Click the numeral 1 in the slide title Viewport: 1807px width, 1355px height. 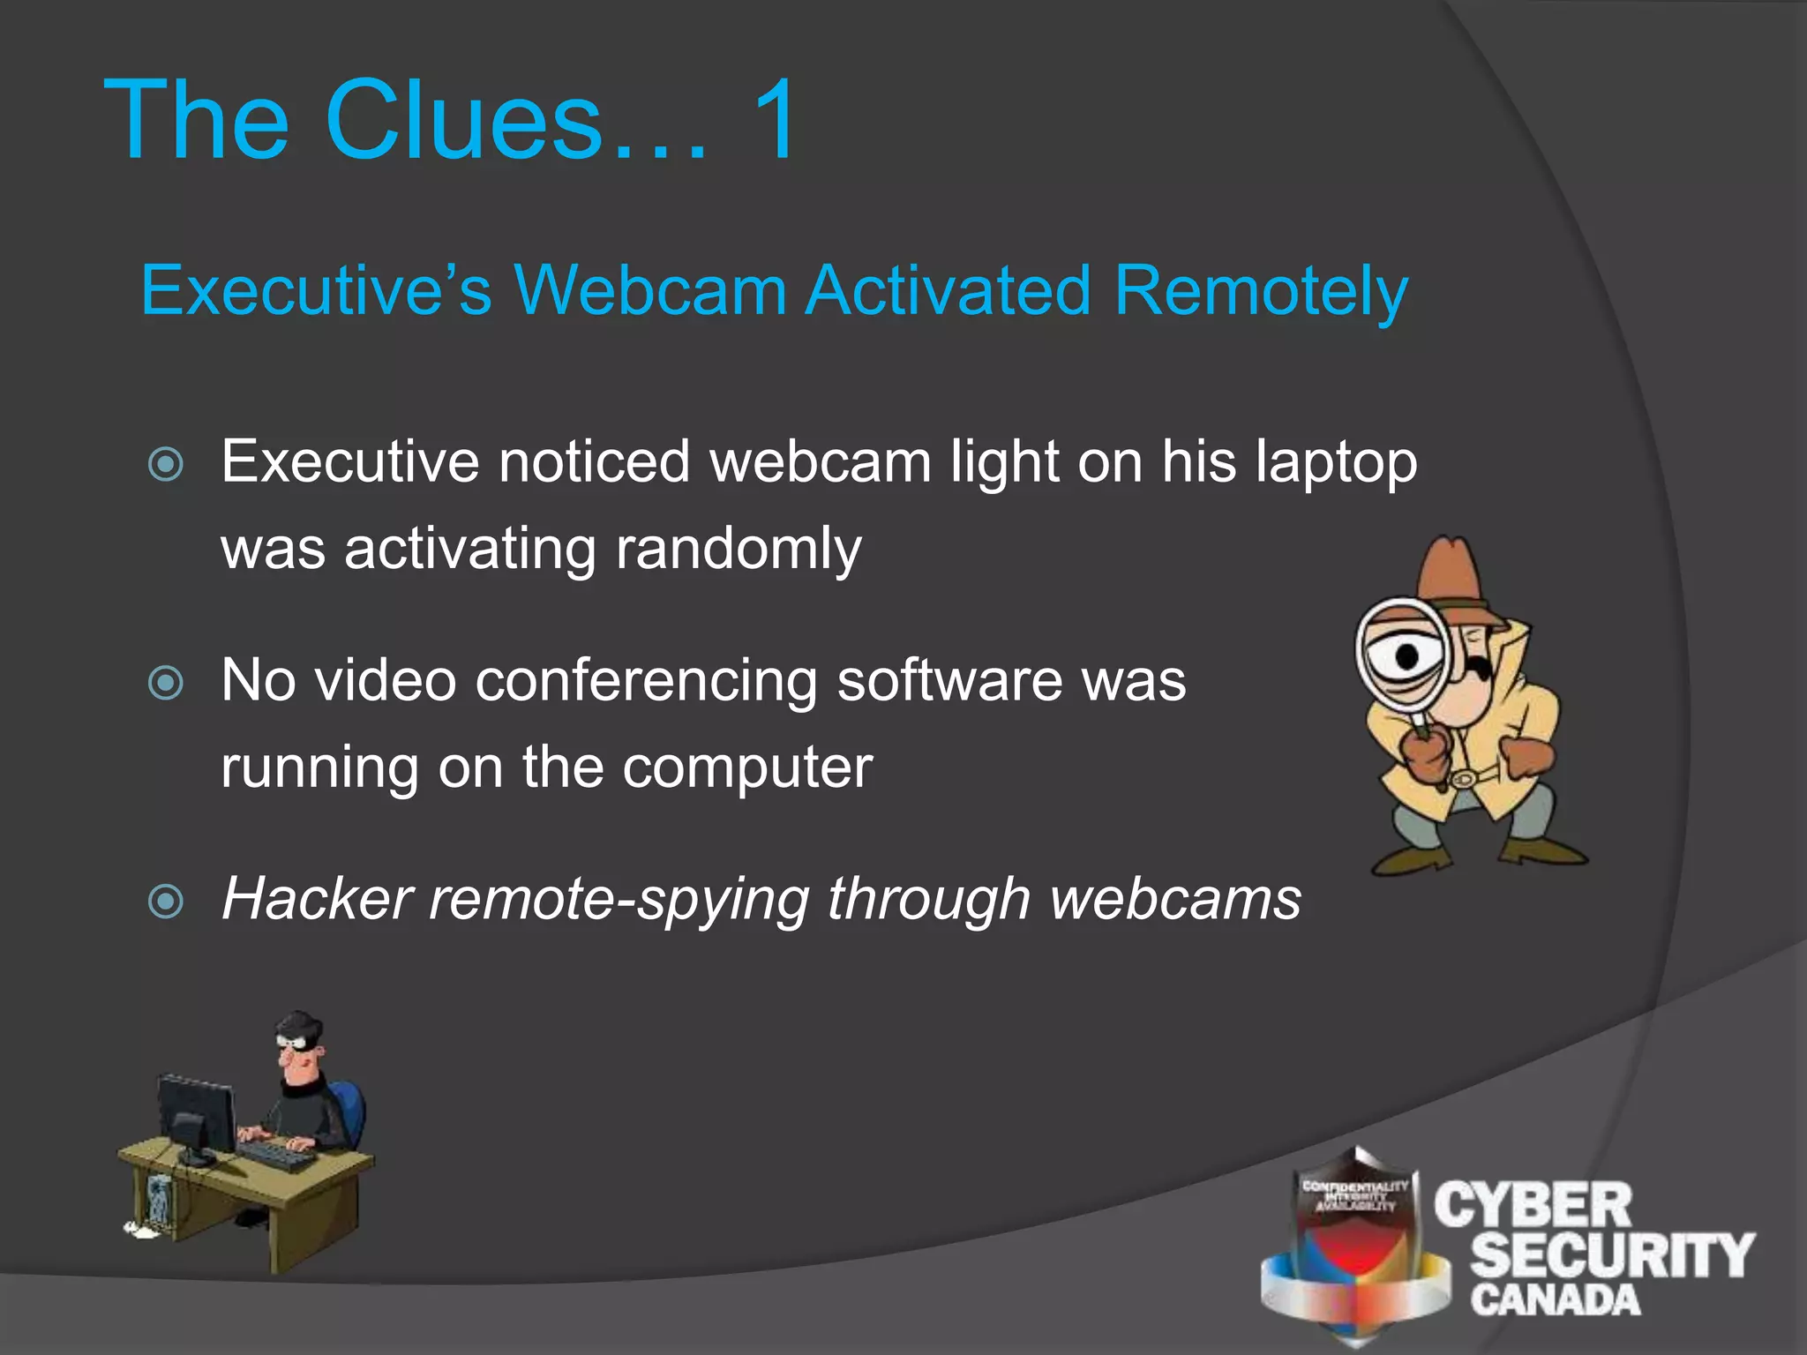(x=775, y=121)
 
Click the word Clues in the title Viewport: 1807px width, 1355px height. (x=464, y=121)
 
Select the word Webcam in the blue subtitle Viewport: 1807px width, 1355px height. (x=649, y=290)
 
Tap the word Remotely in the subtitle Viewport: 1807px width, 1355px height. (x=1261, y=292)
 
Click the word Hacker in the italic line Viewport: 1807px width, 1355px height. (x=317, y=900)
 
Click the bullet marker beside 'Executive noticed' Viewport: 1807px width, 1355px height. (x=166, y=464)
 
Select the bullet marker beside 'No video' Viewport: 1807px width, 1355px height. (x=166, y=683)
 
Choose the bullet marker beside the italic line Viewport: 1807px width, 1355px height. (x=166, y=902)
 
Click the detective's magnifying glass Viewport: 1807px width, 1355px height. (x=1403, y=657)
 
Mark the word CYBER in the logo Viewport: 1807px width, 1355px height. (x=1533, y=1207)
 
